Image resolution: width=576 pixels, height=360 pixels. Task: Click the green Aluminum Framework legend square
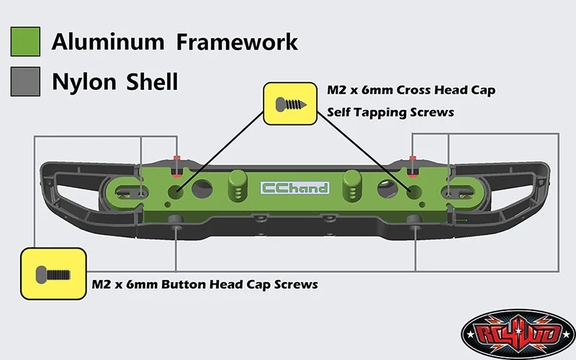point(26,42)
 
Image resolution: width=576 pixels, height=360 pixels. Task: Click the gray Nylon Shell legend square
point(26,81)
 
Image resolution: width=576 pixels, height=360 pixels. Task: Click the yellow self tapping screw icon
point(292,102)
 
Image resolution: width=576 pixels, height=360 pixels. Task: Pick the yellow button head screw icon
point(53,274)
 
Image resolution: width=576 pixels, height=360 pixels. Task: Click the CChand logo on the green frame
point(294,188)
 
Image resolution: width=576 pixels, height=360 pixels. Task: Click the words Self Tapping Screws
point(390,112)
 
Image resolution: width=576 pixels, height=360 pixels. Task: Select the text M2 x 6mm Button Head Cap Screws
point(205,284)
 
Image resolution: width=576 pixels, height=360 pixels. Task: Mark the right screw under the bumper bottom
point(415,229)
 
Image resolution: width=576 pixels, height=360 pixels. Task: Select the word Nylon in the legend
point(82,81)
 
